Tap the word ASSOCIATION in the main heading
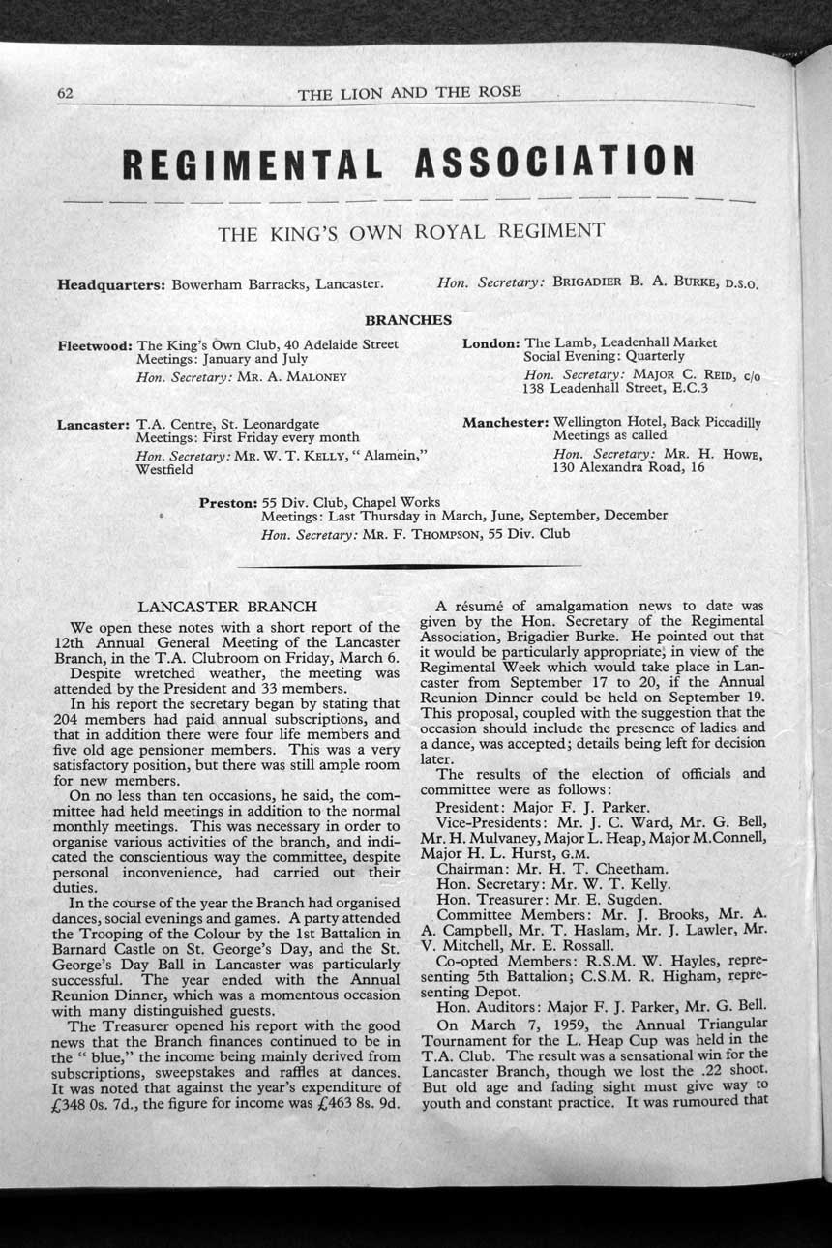[552, 161]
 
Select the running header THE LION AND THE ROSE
[409, 93]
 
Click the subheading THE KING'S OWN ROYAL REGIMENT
[411, 232]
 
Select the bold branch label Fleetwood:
[95, 344]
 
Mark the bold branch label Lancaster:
[94, 424]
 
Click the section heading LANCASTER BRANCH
[227, 608]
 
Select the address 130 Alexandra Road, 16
[629, 468]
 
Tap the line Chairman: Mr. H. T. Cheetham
[551, 869]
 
